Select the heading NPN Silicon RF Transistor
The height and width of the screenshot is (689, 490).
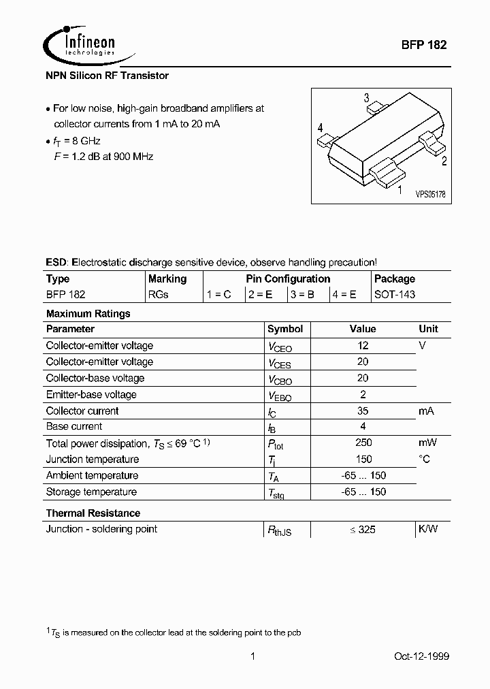tap(107, 76)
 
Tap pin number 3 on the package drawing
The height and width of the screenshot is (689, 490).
tap(367, 97)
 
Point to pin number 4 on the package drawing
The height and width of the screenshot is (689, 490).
tap(320, 127)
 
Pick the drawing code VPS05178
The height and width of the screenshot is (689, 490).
tap(430, 194)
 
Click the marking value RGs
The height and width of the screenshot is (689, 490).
tap(158, 295)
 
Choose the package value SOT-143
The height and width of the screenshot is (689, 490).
tap(395, 295)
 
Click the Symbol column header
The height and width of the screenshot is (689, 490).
tap(285, 329)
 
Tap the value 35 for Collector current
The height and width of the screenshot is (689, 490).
tap(363, 411)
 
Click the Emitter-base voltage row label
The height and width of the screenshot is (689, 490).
tap(91, 394)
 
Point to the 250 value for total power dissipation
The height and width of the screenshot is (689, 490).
tap(363, 443)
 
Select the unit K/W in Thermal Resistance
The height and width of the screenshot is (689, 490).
tap(428, 529)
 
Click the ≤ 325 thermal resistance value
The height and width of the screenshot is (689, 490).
tap(363, 529)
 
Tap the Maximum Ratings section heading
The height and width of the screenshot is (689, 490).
tap(88, 314)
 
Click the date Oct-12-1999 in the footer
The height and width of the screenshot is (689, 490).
tap(421, 656)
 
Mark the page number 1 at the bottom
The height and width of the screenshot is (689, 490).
tap(252, 656)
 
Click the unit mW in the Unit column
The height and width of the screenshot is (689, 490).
tap(427, 443)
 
